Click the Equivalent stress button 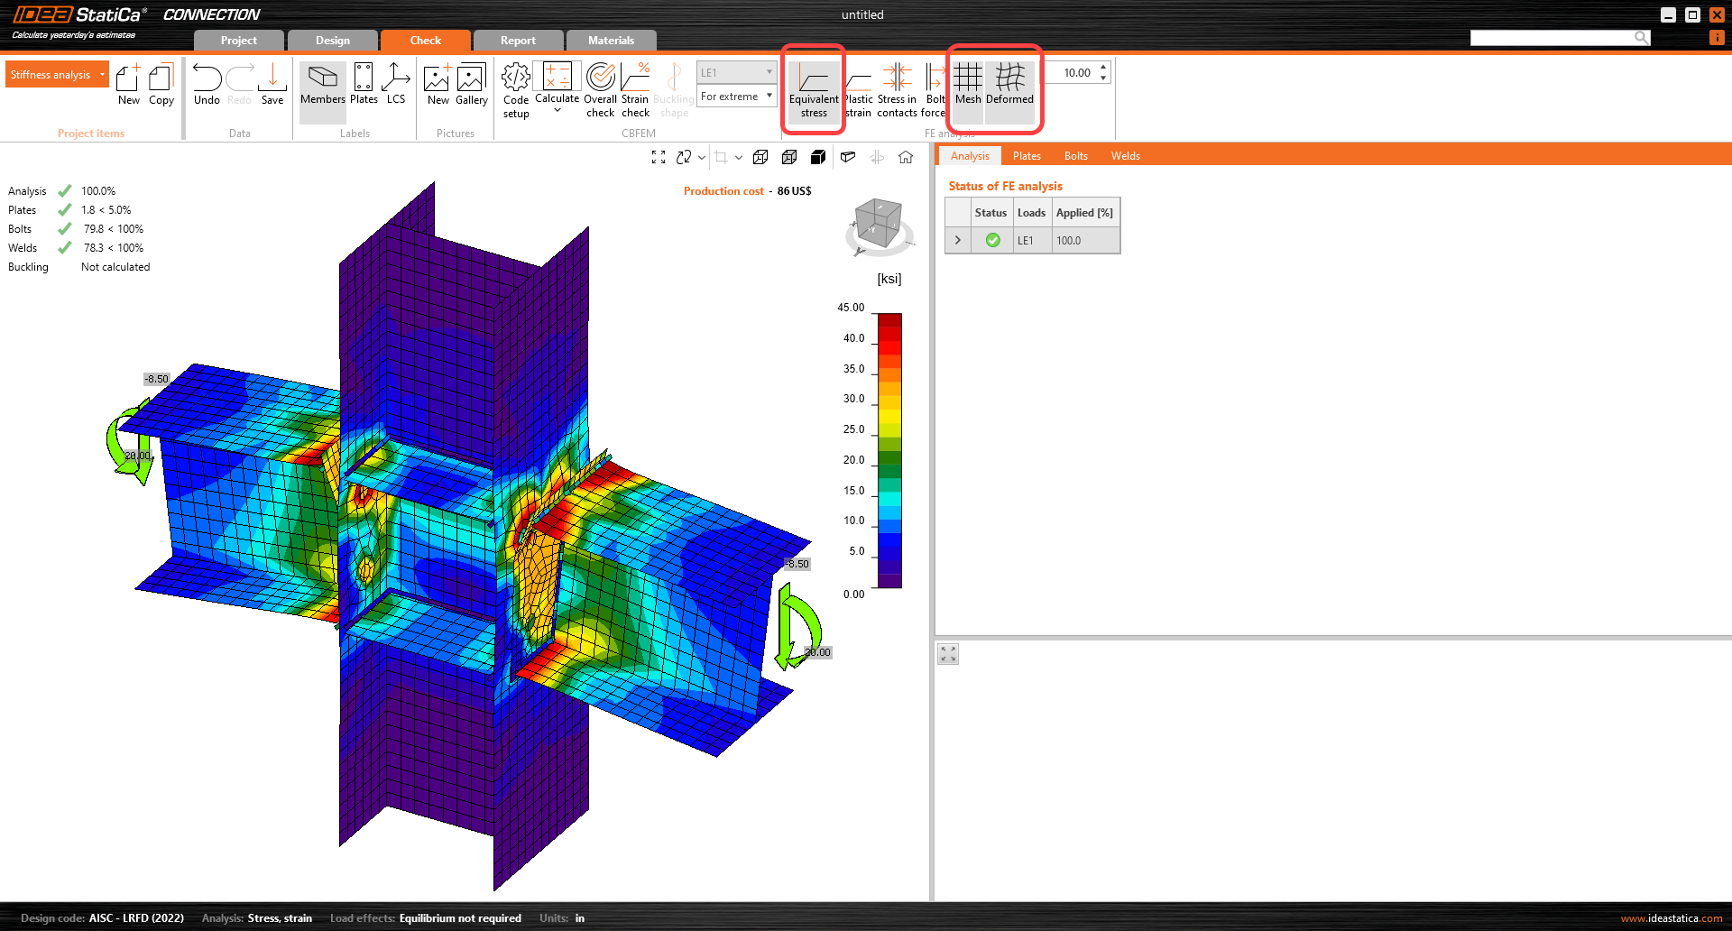point(814,90)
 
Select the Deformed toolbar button point(1009,85)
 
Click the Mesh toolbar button point(968,85)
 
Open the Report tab point(518,41)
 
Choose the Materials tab point(611,41)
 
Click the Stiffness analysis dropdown point(57,75)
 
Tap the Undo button point(207,85)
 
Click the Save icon point(272,85)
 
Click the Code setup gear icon point(516,78)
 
